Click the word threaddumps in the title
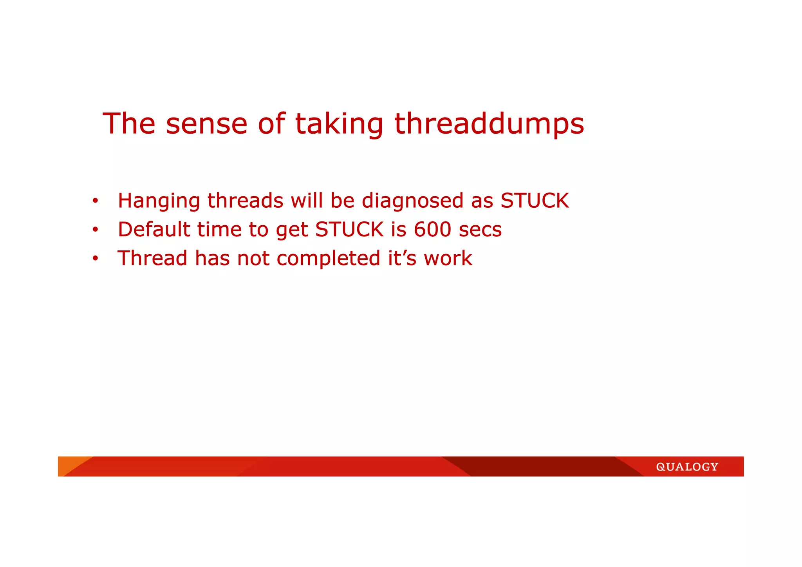point(489,124)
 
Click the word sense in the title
point(206,124)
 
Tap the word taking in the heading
point(339,124)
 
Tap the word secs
point(480,230)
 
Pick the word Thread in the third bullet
point(152,258)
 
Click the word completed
point(329,259)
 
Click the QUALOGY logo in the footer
point(687,467)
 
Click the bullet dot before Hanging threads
point(95,201)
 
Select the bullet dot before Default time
point(95,230)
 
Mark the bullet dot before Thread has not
point(95,259)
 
